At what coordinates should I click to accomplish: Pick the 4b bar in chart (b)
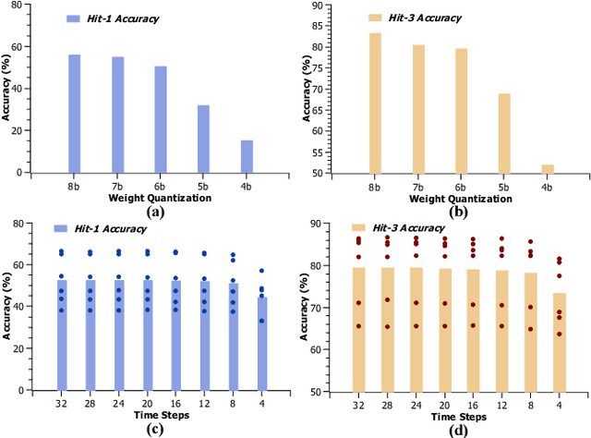pyautogui.click(x=547, y=168)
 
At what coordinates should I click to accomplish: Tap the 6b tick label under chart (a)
pyautogui.click(x=160, y=186)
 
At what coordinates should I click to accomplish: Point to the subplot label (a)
pyautogui.click(x=154, y=212)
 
